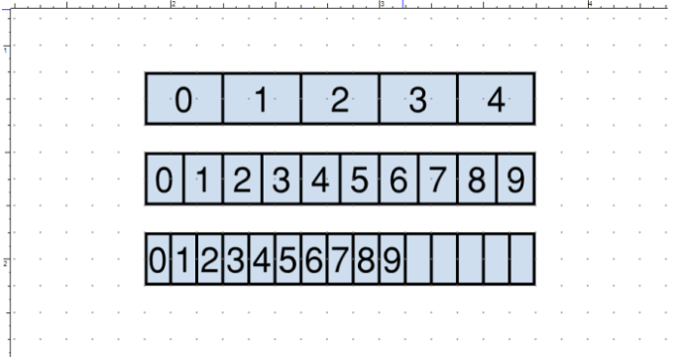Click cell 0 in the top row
(x=184, y=99)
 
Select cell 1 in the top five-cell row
(x=262, y=99)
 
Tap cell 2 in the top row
(x=340, y=99)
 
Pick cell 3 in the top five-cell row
(x=418, y=99)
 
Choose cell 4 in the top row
(x=497, y=99)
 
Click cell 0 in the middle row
(x=165, y=179)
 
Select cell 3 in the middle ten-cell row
(x=282, y=179)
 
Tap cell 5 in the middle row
(x=360, y=179)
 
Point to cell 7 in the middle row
(x=438, y=179)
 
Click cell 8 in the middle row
(x=477, y=179)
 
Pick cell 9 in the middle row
(x=515, y=179)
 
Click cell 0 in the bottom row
(x=158, y=259)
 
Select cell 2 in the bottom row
(x=210, y=259)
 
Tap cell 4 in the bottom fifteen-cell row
(x=262, y=259)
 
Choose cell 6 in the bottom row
(x=314, y=259)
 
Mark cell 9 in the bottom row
(x=393, y=259)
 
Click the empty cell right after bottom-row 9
(x=418, y=259)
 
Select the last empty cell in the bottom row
(x=522, y=259)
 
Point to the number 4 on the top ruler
(x=590, y=4)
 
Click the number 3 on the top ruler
(x=383, y=4)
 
